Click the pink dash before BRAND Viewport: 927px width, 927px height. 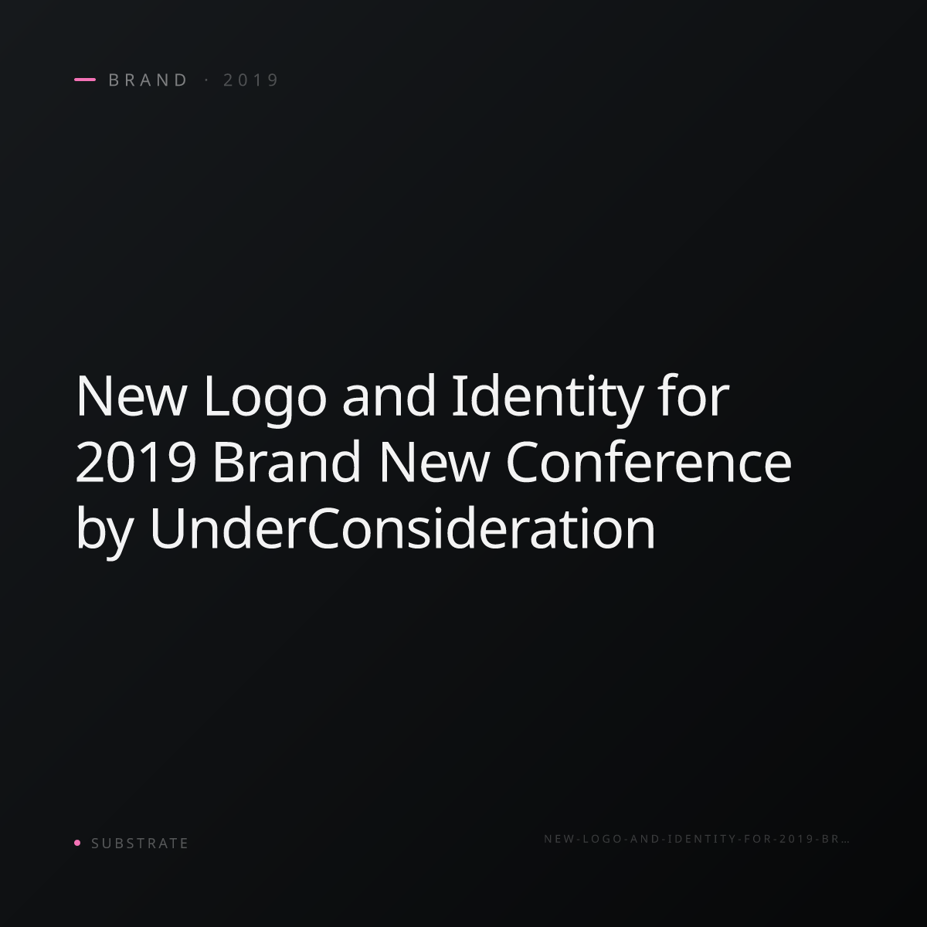click(x=85, y=80)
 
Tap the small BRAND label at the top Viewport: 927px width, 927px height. click(x=148, y=80)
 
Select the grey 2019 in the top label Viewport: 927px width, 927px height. click(x=250, y=80)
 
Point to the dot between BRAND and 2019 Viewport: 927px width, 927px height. click(x=207, y=80)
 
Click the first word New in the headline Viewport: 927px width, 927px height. click(x=131, y=396)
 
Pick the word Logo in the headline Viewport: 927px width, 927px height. click(x=265, y=400)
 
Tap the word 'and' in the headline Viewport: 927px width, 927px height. click(x=389, y=396)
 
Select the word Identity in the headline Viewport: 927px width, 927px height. click(x=547, y=399)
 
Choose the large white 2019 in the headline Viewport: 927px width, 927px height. click(x=136, y=462)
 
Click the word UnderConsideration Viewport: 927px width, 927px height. click(x=402, y=528)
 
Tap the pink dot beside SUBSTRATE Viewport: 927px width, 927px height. click(x=77, y=842)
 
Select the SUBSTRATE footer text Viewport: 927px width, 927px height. click(x=140, y=843)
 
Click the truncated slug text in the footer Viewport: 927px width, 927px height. click(x=697, y=838)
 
